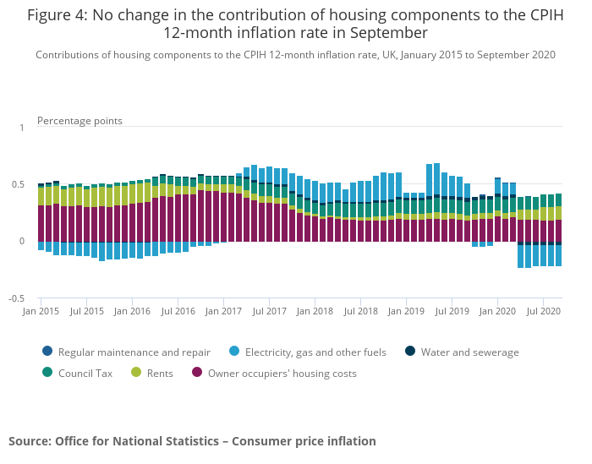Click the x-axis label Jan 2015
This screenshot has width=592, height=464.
click(x=41, y=312)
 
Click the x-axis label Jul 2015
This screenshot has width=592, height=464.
click(x=86, y=312)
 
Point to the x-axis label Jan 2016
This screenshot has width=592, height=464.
click(x=132, y=312)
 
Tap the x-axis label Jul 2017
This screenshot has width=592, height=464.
click(x=269, y=312)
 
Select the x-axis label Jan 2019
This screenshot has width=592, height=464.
click(x=406, y=312)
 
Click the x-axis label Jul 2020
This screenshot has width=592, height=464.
click(x=543, y=312)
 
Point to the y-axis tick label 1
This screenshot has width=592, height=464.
click(x=22, y=128)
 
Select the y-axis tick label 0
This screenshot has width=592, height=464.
click(x=22, y=242)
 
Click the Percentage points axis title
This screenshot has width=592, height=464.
click(x=79, y=121)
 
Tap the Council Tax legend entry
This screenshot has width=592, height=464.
click(x=81, y=373)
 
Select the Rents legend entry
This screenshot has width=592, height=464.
click(x=156, y=373)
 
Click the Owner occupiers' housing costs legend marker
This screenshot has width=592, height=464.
click(x=198, y=373)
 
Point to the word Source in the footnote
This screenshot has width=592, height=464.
click(x=30, y=441)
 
